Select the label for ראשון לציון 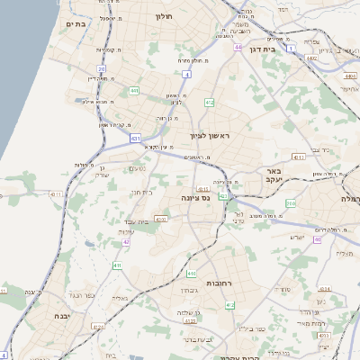[210, 135]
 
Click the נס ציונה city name [195, 196]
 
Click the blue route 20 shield [102, 68]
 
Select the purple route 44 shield [238, 47]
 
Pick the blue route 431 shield [135, 139]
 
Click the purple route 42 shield [127, 241]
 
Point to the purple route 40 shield [318, 239]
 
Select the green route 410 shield [191, 274]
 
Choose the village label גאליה [120, 298]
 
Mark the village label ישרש [298, 237]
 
